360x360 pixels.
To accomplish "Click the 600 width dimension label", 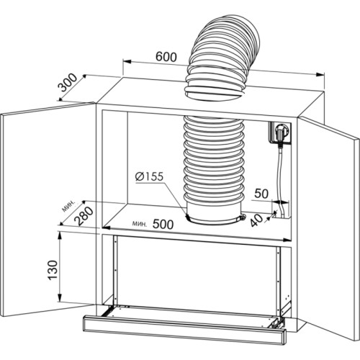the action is (166, 57).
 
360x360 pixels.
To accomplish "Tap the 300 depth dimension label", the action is (68, 83).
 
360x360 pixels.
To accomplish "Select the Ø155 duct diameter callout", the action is (149, 177).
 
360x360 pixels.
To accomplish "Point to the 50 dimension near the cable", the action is (261, 194).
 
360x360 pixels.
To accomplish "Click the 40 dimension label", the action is (256, 220).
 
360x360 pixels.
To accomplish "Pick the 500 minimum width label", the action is (163, 224).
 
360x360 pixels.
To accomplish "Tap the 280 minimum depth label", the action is (84, 216).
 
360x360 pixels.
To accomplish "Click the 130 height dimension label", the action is (53, 270).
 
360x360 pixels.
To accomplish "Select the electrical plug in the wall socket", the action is (280, 133).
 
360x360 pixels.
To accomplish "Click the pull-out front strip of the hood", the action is (185, 329).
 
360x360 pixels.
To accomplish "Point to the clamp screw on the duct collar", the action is (242, 217).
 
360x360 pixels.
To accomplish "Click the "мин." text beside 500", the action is (139, 224).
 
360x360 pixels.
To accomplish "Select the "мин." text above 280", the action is (68, 206).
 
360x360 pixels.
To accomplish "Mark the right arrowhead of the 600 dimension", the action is (320, 74).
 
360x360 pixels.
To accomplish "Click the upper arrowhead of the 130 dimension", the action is (59, 236).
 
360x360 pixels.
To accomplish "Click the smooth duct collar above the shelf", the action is (213, 214).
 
